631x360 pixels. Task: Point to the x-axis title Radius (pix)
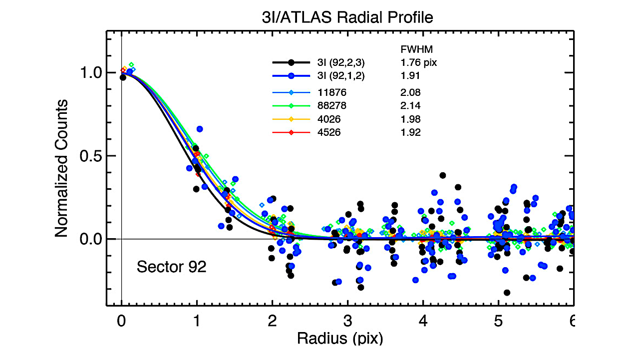[340, 339]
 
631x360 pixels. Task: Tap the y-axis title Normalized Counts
[61, 168]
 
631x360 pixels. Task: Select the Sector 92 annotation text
[171, 267]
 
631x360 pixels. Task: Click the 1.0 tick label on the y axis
[92, 73]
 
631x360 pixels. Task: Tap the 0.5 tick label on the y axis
[92, 156]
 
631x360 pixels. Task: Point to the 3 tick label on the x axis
[347, 319]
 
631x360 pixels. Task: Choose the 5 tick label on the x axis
[498, 319]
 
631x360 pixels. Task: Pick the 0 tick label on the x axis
[122, 319]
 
